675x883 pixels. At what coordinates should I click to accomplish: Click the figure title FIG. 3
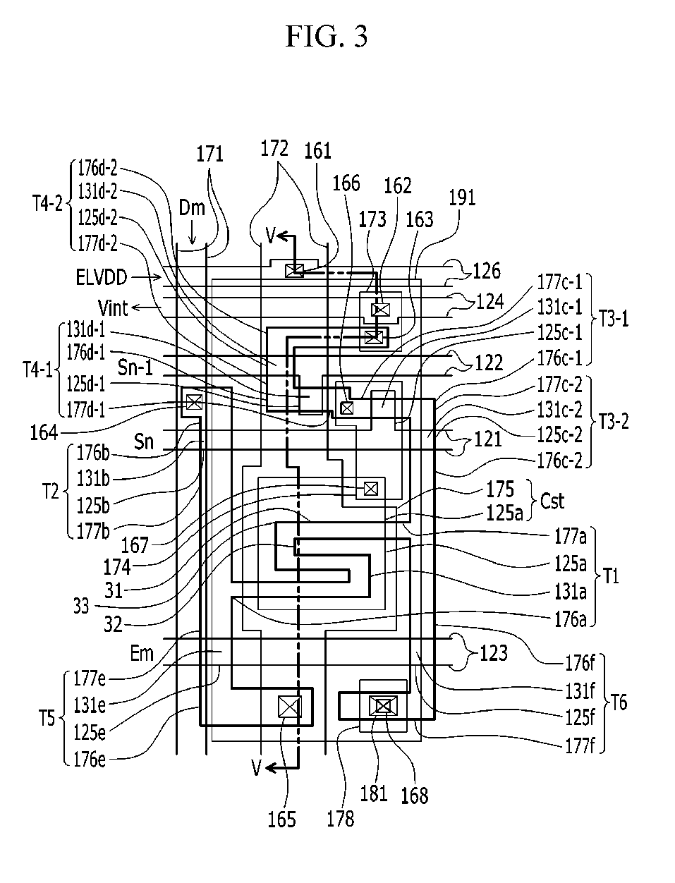pos(327,36)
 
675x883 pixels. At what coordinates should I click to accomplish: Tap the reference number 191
pos(462,198)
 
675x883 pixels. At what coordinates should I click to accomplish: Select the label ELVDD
pos(102,277)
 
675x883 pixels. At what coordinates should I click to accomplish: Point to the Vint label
pos(113,308)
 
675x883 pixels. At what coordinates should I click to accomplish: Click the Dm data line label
pos(191,208)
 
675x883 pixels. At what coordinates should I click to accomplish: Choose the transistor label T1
pos(611,576)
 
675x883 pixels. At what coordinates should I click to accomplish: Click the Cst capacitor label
pos(552,501)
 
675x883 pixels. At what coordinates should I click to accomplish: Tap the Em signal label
pos(142,653)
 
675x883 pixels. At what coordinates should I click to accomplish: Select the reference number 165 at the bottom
pos(281,820)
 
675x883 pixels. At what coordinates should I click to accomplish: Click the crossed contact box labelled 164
pos(194,401)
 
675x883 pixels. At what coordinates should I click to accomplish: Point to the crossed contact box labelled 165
pos(290,707)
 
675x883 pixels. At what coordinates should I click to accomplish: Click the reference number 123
pos(494,653)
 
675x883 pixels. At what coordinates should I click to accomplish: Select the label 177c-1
pos(559,282)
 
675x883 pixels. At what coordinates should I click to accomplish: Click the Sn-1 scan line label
pos(135,367)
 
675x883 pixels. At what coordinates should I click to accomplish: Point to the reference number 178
pos(340,819)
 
